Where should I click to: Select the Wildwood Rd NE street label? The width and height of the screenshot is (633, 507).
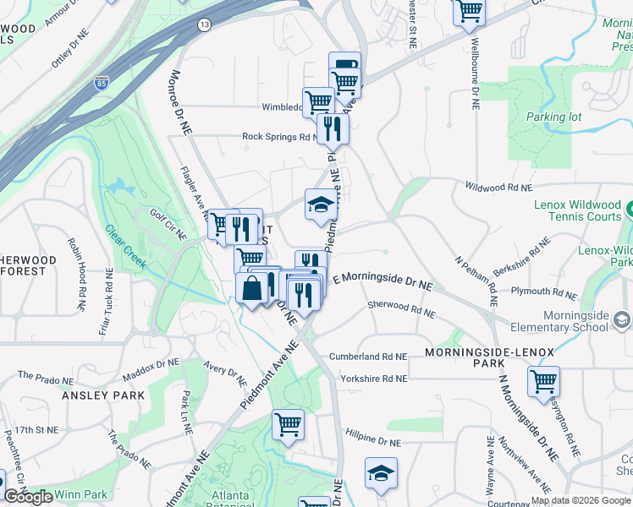click(x=498, y=186)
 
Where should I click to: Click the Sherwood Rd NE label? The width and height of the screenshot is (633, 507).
click(x=401, y=309)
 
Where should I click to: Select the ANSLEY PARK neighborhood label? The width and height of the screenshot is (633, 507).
click(x=103, y=395)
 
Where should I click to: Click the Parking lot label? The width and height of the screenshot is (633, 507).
click(x=553, y=117)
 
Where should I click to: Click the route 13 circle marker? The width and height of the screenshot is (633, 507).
click(x=204, y=26)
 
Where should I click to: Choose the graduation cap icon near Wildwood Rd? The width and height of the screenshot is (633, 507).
click(x=321, y=204)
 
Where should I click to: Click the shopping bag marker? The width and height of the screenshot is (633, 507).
click(x=252, y=288)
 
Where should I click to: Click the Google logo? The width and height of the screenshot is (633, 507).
click(x=28, y=497)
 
